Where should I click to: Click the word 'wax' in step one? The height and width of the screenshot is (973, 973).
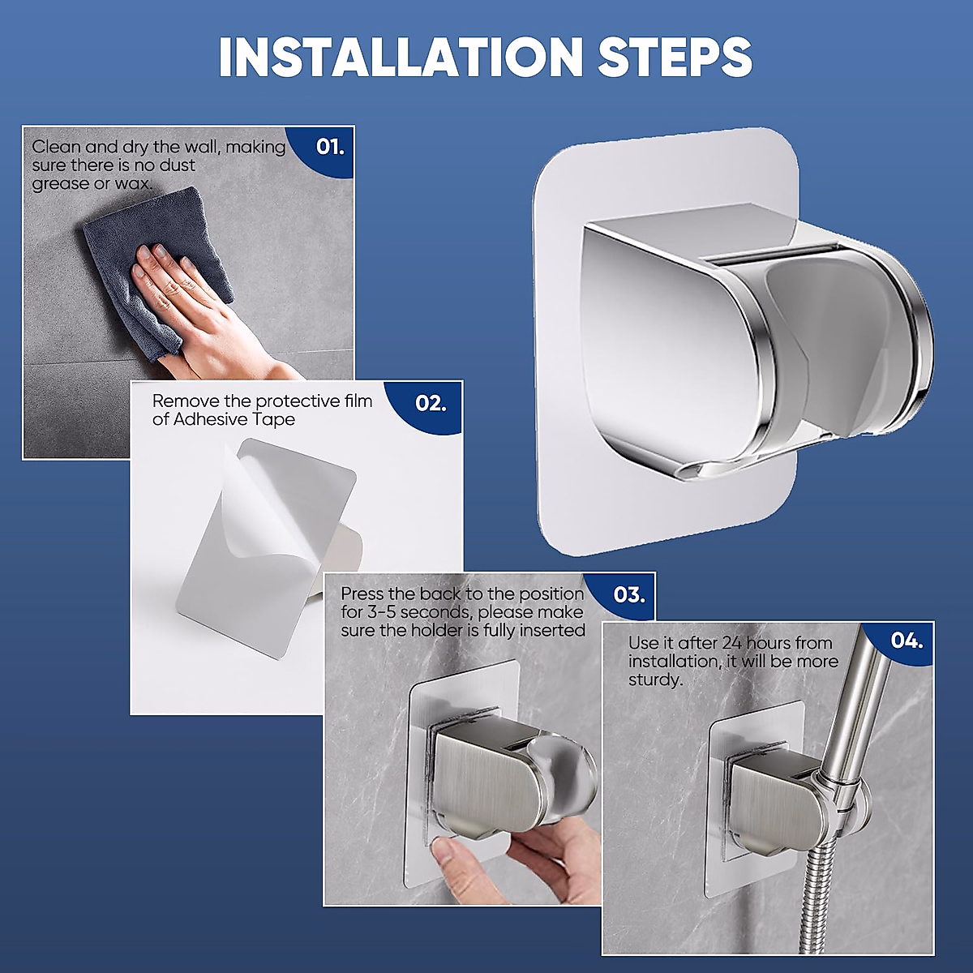tap(133, 183)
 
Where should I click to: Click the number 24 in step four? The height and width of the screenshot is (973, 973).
tap(734, 643)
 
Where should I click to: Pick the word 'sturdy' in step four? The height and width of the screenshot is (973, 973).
tap(655, 680)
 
